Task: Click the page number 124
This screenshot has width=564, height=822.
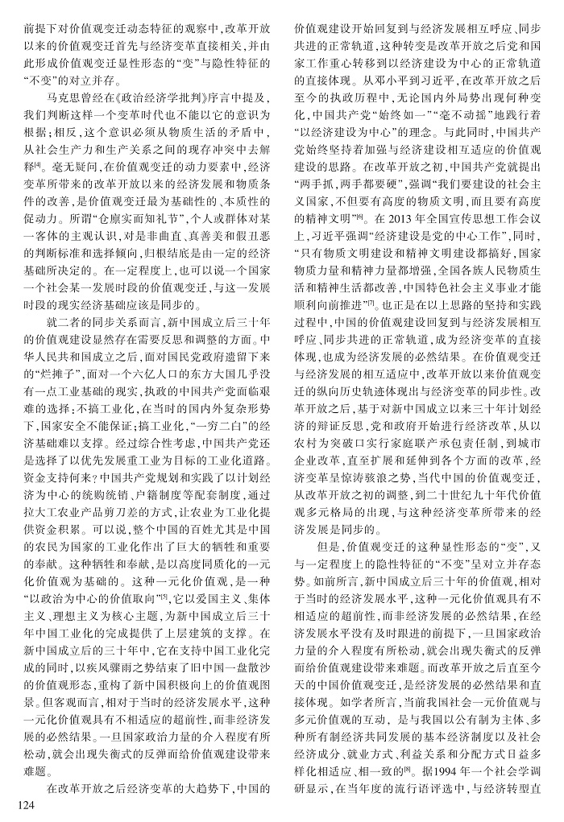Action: click(x=18, y=806)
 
